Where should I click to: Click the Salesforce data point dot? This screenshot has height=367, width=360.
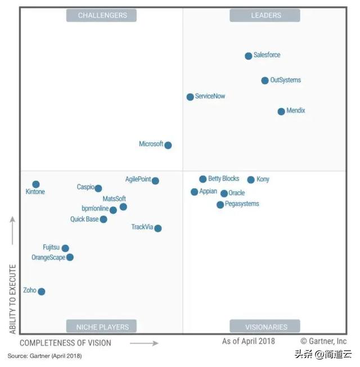pos(249,56)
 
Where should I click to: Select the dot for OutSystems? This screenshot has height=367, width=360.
pos(265,80)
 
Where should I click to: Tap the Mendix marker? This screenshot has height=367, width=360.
pos(281,111)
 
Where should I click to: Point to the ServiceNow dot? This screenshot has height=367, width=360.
pos(190,97)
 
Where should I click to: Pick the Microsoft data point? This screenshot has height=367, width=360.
pos(168,145)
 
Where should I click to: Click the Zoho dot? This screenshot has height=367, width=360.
pos(41,292)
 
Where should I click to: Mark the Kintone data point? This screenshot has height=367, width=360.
pos(36,184)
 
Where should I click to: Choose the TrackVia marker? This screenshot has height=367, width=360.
pos(158,228)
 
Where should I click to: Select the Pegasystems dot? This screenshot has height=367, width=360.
pos(220,205)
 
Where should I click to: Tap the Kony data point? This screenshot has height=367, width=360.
pos(251,180)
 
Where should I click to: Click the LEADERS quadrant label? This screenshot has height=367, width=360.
pos(265,15)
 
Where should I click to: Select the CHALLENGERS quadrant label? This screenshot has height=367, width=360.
pos(102,15)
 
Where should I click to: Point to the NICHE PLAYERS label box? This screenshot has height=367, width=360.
pos(102,326)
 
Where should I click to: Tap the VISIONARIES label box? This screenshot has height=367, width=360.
pos(265,326)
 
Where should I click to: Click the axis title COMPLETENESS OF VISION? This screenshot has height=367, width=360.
pos(65,343)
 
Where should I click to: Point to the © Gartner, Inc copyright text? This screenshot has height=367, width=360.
pos(323,341)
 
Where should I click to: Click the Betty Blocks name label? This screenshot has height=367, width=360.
pos(224,178)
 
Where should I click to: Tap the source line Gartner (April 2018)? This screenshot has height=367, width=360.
pos(44,356)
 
